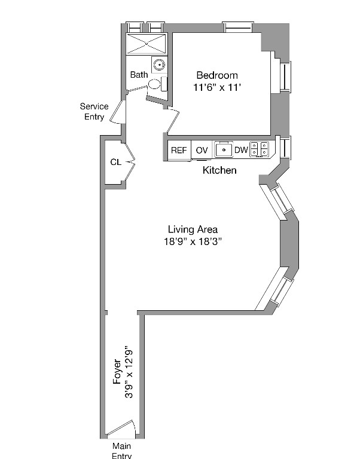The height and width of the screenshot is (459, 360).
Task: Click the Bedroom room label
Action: click(216, 75)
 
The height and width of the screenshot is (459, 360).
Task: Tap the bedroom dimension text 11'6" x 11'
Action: click(216, 87)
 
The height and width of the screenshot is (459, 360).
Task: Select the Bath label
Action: click(139, 75)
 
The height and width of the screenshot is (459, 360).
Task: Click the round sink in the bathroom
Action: click(158, 65)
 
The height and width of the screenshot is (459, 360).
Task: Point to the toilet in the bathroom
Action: click(155, 84)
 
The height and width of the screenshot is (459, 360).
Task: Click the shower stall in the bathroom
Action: click(147, 44)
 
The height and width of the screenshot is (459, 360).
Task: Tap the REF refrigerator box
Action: click(179, 150)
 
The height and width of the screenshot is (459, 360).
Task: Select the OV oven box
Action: click(202, 150)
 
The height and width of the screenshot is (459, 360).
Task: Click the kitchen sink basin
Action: click(223, 149)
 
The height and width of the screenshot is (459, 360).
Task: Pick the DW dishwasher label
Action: click(240, 150)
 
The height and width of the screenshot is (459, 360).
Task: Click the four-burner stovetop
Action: click(259, 149)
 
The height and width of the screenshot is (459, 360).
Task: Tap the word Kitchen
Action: click(219, 170)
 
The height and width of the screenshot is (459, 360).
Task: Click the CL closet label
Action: click(115, 162)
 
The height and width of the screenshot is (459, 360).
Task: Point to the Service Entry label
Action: click(94, 111)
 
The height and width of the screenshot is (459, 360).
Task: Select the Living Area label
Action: click(192, 229)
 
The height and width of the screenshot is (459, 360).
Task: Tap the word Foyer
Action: click(117, 371)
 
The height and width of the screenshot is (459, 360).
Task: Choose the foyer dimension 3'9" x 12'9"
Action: click(129, 375)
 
